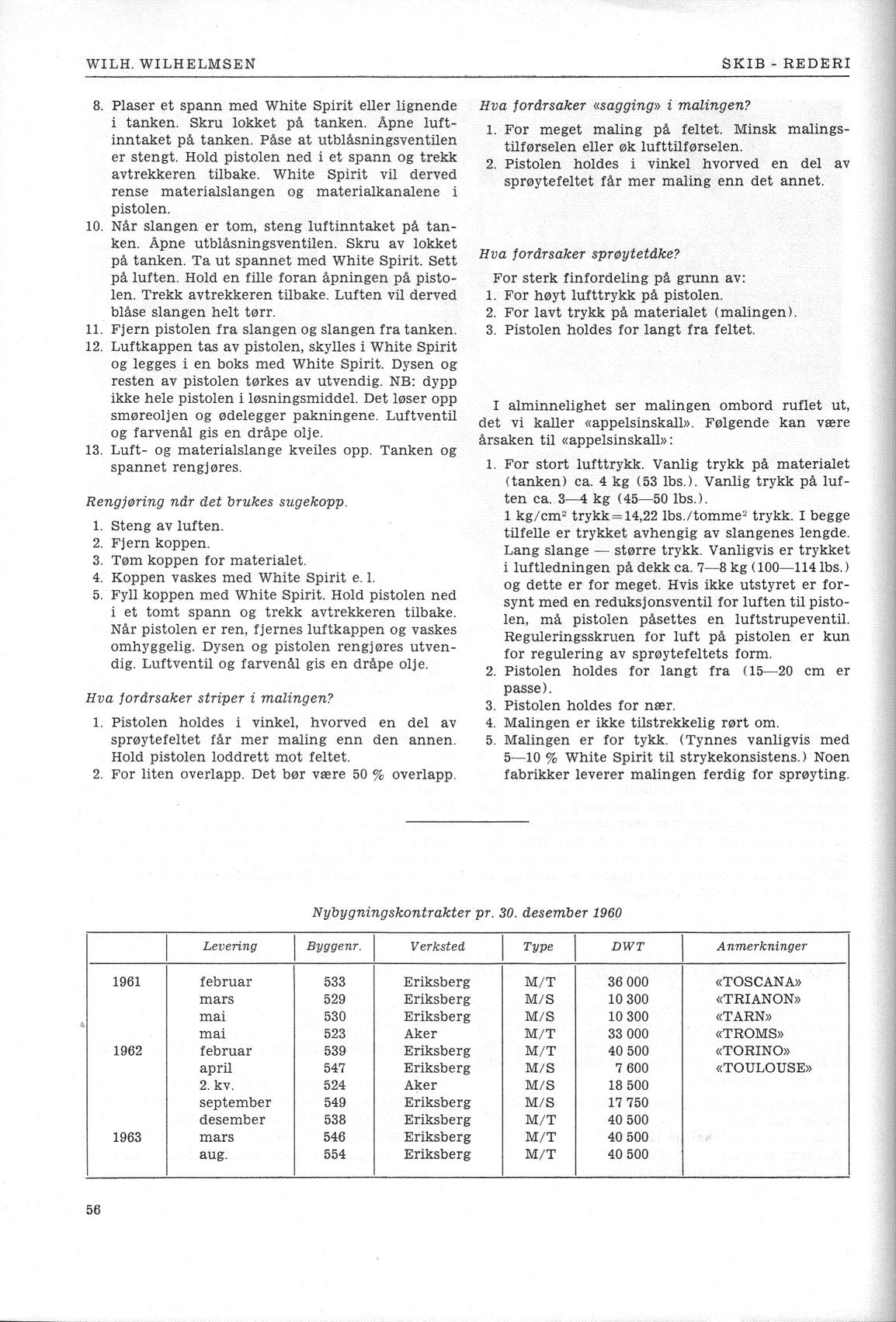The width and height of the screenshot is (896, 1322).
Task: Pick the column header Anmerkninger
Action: (762, 946)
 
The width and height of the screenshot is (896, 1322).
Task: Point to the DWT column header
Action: (627, 946)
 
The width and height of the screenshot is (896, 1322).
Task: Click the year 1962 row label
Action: (127, 1050)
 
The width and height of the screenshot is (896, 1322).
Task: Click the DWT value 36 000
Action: (627, 982)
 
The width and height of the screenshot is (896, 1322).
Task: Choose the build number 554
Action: (334, 1154)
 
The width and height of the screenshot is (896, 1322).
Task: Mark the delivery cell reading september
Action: (235, 1102)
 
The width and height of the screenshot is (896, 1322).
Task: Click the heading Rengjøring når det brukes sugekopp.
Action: (217, 501)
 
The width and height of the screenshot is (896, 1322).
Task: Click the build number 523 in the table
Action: (334, 1033)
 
